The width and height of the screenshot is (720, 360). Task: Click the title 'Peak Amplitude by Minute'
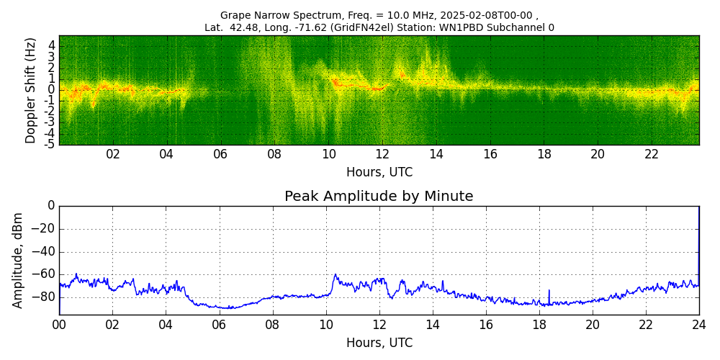pyautogui.click(x=379, y=197)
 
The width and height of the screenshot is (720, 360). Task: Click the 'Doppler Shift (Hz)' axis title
pyautogui.click(x=30, y=90)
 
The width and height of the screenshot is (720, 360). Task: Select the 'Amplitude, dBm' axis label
pyautogui.click(x=18, y=260)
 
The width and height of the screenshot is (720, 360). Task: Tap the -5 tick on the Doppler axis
pyautogui.click(x=50, y=144)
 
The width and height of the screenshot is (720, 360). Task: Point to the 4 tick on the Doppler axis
pyautogui.click(x=52, y=45)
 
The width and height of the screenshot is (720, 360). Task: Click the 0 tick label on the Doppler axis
pyautogui.click(x=52, y=90)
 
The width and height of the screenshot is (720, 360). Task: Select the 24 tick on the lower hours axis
pyautogui.click(x=699, y=324)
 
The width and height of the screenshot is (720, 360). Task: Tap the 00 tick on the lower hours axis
pyautogui.click(x=59, y=324)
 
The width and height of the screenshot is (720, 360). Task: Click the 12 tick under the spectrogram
pyautogui.click(x=382, y=154)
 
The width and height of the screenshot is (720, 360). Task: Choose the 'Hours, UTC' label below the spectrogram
pyautogui.click(x=379, y=172)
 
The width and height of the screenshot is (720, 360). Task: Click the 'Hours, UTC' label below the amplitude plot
pyautogui.click(x=379, y=343)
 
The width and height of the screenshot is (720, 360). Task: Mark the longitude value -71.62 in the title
pyautogui.click(x=311, y=28)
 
